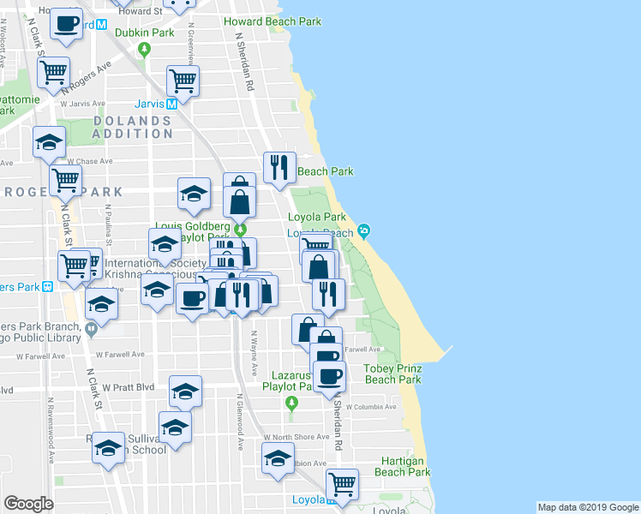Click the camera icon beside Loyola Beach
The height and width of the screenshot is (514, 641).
(x=364, y=230)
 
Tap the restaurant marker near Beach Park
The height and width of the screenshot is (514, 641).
(x=279, y=167)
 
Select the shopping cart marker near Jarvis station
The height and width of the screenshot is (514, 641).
(x=183, y=81)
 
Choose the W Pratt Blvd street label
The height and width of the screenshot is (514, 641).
(x=132, y=387)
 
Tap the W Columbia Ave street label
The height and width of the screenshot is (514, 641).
(x=376, y=407)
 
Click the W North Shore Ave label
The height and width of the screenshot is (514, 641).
(x=297, y=436)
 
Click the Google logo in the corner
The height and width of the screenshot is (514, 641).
(x=28, y=504)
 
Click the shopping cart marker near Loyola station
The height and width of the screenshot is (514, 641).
(x=342, y=483)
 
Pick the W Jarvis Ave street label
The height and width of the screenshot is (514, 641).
(x=82, y=104)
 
